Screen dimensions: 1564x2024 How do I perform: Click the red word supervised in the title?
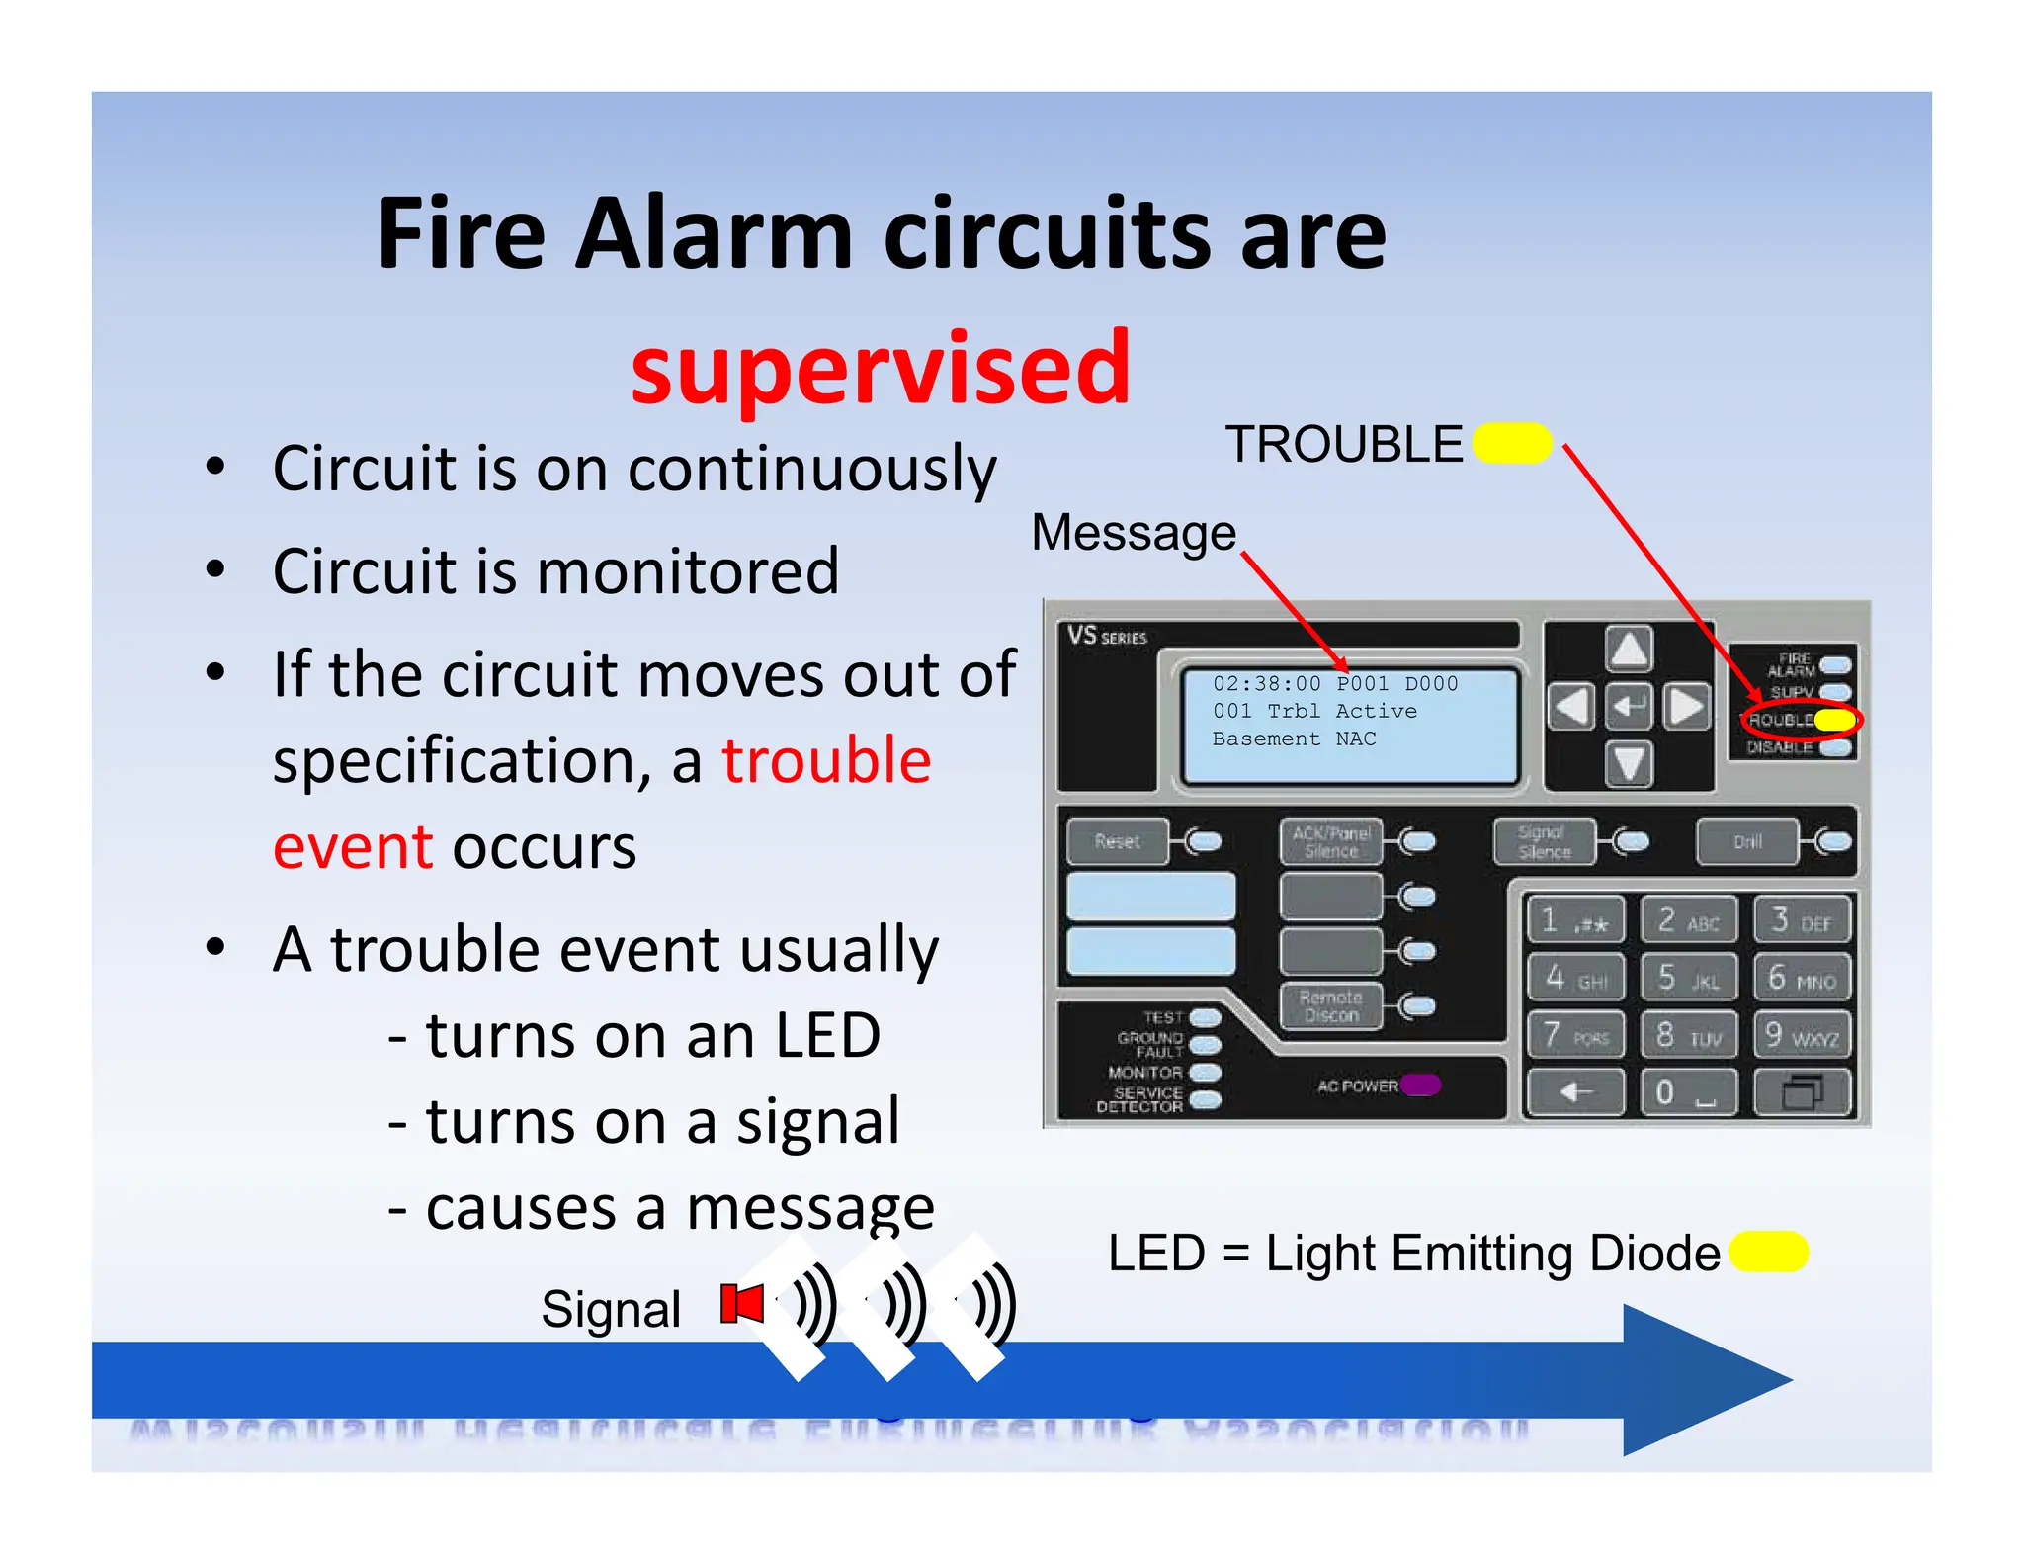pos(880,369)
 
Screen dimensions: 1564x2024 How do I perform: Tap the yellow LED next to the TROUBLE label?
pos(1512,443)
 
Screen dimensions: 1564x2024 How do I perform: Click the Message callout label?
pos(1134,533)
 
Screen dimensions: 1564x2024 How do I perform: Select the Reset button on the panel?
pos(1118,841)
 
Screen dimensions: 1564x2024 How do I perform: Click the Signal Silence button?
pos(1544,841)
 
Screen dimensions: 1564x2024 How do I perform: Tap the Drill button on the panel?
pos(1746,841)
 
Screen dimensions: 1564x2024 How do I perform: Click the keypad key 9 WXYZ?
pos(1802,1035)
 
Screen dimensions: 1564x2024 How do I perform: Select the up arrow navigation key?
pos(1629,651)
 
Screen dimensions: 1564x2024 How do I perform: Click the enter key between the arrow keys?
pos(1629,706)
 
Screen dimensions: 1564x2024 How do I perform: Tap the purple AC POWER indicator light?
pos(1421,1085)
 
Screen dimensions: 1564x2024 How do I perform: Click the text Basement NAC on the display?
pos(1294,739)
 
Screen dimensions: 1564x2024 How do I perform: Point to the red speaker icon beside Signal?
pos(741,1303)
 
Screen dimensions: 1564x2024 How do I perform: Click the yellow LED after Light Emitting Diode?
pos(1769,1252)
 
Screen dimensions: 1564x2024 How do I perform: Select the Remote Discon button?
pos(1331,1006)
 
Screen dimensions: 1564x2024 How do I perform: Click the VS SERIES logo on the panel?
pos(1107,636)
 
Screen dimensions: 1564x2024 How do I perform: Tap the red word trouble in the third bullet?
pos(826,760)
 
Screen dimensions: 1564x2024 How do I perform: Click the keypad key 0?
pos(1687,1092)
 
